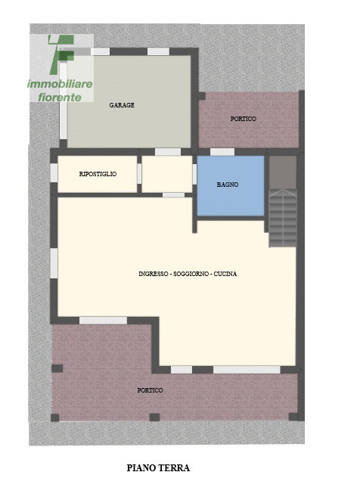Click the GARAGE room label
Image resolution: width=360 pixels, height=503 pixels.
[x=122, y=105]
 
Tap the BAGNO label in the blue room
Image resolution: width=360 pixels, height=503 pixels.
[x=228, y=185]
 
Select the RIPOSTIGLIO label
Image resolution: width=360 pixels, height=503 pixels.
[x=98, y=174]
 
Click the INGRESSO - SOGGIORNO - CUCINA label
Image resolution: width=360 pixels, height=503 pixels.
[x=188, y=274]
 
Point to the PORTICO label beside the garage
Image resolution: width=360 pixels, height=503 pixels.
[x=244, y=119]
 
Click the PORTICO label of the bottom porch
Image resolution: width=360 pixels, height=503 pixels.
[x=150, y=390]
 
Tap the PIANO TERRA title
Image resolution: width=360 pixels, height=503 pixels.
[x=158, y=468]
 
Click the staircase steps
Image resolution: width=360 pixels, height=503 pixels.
[x=283, y=218]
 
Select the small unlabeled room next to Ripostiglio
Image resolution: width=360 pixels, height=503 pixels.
[x=167, y=174]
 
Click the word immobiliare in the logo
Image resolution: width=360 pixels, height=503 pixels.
[x=60, y=84]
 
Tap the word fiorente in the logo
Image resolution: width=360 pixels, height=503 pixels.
[x=60, y=98]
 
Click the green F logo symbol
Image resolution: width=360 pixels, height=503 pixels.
[x=61, y=54]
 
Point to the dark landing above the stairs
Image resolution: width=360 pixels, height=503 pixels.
[x=283, y=172]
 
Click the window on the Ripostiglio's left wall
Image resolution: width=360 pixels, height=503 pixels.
[x=54, y=173]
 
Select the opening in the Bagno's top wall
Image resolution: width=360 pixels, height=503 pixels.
[x=222, y=152]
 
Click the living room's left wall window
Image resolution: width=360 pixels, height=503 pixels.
[x=54, y=263]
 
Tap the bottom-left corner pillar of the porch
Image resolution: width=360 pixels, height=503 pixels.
[x=55, y=418]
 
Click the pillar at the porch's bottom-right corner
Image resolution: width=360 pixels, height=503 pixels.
[x=293, y=417]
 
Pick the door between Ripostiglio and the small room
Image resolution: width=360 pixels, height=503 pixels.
[x=139, y=174]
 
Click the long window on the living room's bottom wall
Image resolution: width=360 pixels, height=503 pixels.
[x=247, y=370]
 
